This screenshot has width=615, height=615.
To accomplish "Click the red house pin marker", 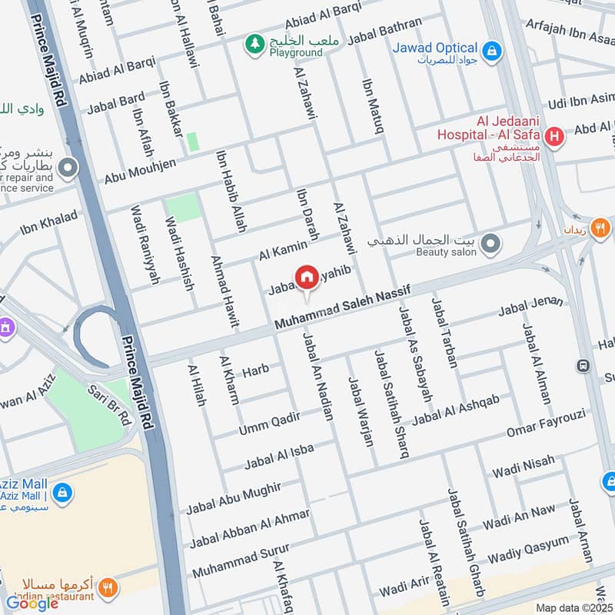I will coord(307,278).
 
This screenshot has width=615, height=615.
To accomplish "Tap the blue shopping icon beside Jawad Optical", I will coord(493,52).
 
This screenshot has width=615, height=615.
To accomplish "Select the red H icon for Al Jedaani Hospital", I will coord(553,138).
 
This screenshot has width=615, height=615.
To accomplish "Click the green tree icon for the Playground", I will coord(253,45).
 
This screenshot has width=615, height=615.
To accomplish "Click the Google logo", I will coord(32,603).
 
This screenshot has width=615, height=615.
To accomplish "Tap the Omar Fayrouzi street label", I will coord(546,424).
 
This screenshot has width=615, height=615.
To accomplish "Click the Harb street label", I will coord(255,371).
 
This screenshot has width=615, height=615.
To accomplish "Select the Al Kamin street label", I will coord(283,249).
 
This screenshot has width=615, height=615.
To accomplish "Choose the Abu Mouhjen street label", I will coord(141,171).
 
